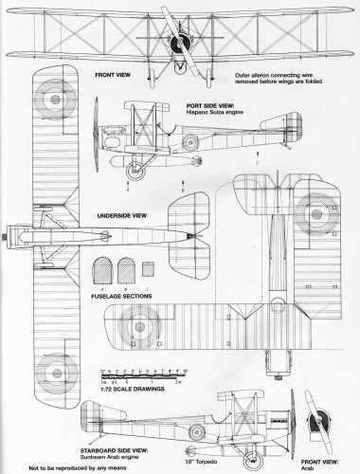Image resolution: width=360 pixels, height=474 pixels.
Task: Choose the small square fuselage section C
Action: (145, 268)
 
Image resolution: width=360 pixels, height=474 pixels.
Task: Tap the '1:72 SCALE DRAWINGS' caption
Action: (131, 389)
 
